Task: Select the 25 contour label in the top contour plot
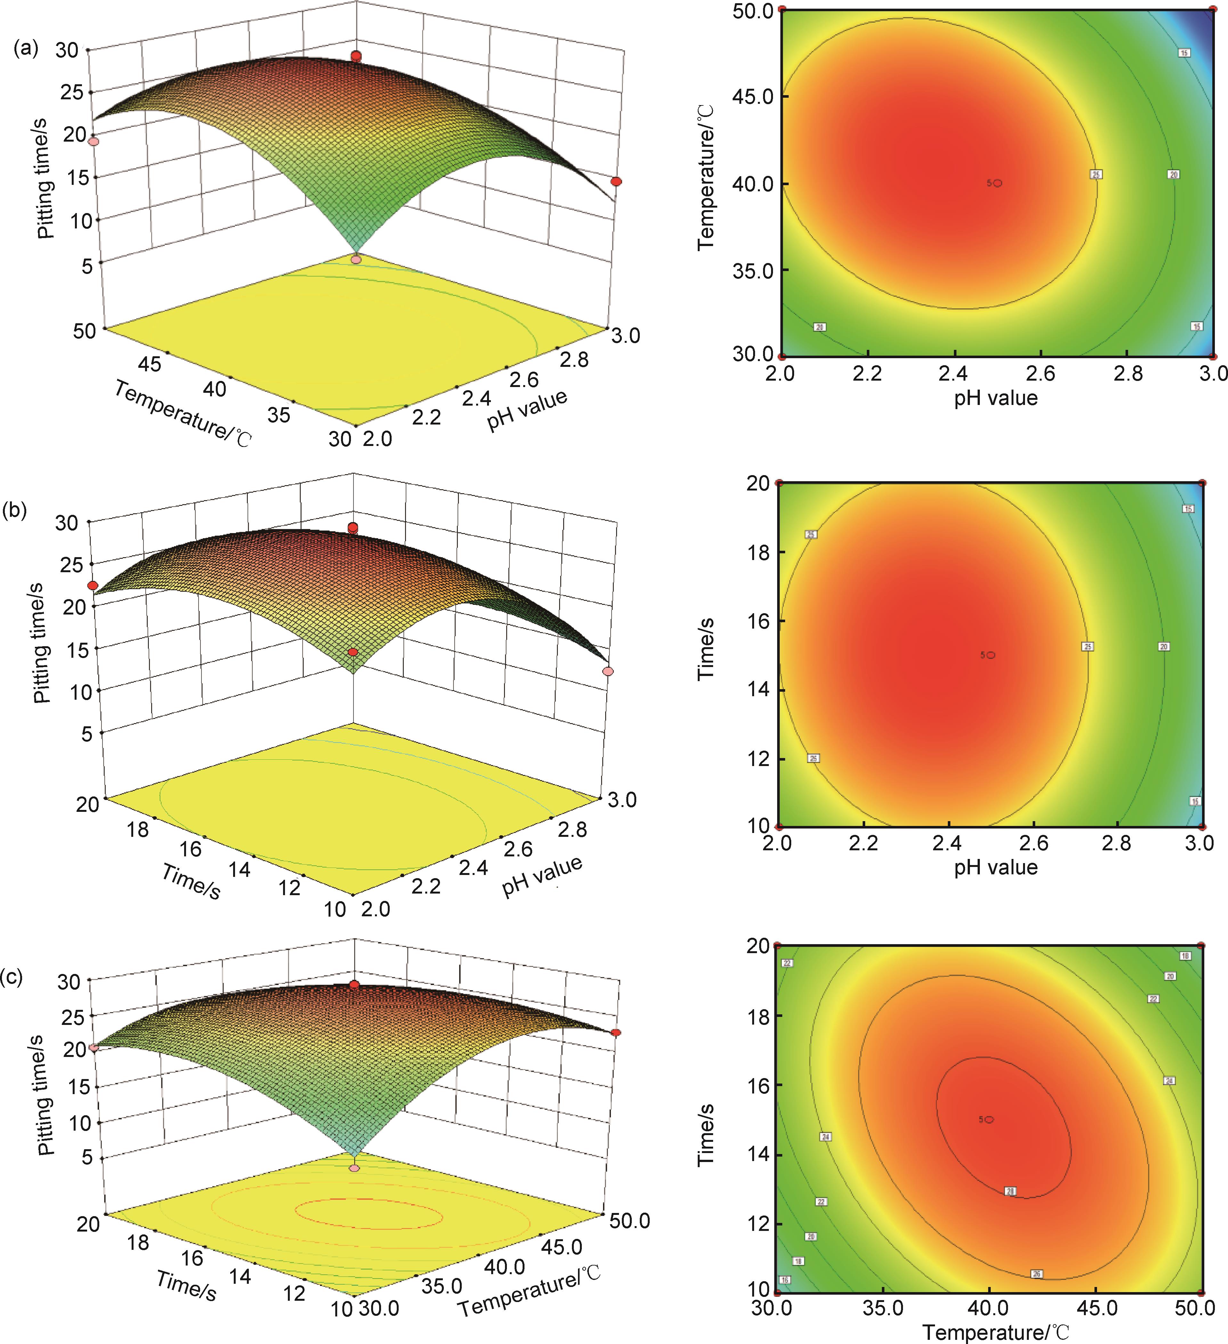point(1095,175)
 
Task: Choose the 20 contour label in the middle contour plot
point(1164,647)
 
